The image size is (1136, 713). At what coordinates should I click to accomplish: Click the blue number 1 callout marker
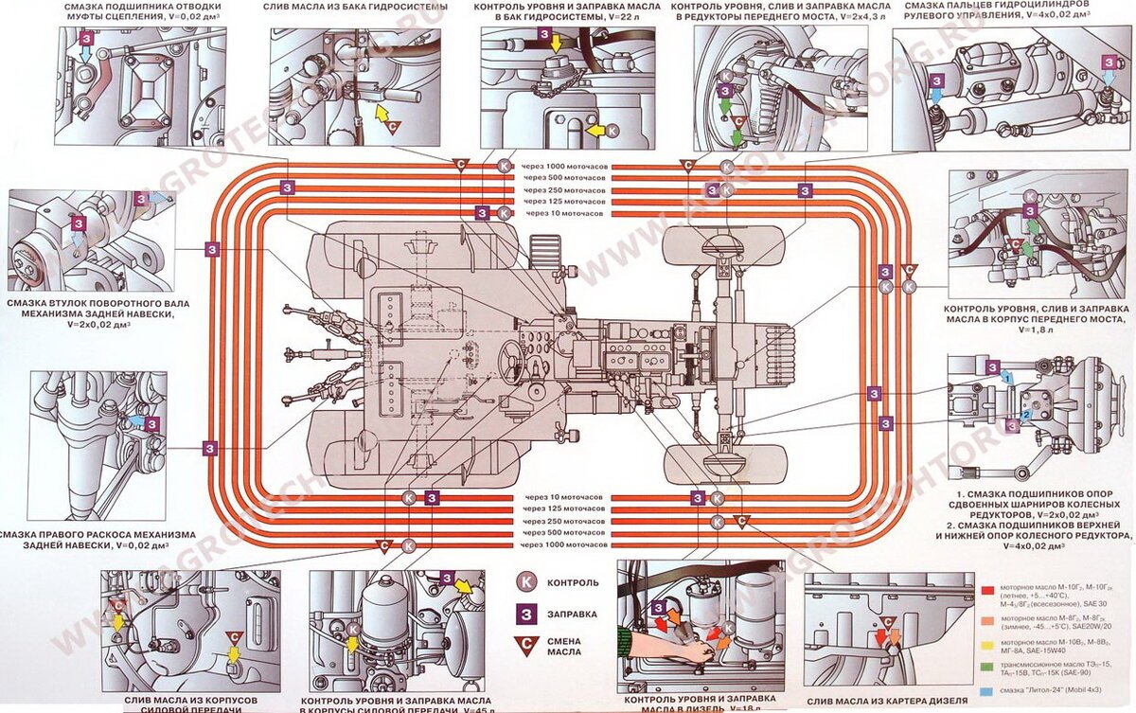point(1009,377)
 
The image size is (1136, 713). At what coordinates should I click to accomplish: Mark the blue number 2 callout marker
point(1026,415)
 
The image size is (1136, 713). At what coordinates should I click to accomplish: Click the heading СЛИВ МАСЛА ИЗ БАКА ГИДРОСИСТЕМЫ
point(354,8)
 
